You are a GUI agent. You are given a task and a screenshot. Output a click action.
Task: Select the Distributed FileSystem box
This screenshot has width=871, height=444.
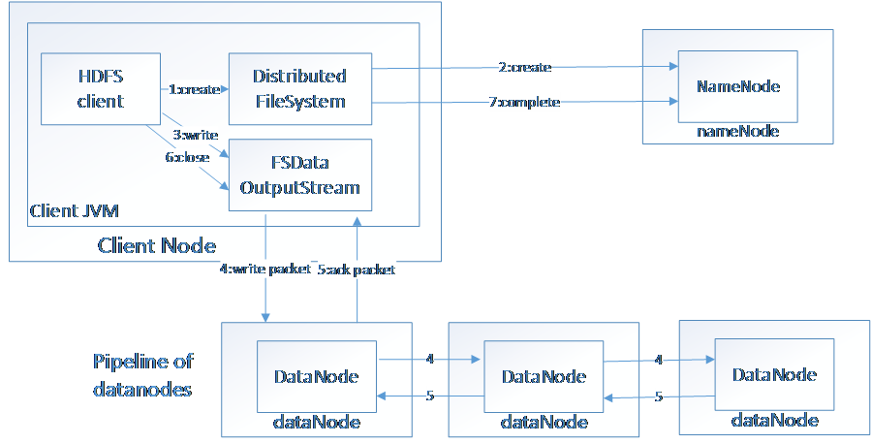pos(299,88)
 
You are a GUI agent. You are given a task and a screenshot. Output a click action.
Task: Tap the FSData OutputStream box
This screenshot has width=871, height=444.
pos(299,174)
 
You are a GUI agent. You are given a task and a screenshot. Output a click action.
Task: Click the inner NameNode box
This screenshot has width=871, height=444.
pos(738,86)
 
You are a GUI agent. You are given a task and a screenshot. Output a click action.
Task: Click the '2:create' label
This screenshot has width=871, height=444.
pos(526,68)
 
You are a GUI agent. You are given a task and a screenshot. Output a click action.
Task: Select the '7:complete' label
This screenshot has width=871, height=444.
pos(524,102)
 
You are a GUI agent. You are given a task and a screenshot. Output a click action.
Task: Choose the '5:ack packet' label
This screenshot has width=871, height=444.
pos(357,271)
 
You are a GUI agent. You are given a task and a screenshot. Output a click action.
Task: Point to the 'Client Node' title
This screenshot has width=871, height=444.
pos(156,245)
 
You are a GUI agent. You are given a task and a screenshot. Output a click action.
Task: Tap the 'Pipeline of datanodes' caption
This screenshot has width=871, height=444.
pos(142,376)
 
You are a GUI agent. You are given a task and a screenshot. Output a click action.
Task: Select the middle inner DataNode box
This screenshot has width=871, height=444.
pos(543,376)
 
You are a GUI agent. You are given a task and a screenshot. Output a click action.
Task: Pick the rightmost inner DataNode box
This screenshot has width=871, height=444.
pos(774,374)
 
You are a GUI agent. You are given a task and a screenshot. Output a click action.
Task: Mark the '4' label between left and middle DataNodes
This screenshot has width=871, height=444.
pos(429,360)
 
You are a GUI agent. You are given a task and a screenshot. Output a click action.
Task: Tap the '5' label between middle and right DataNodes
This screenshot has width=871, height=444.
pos(658,396)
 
